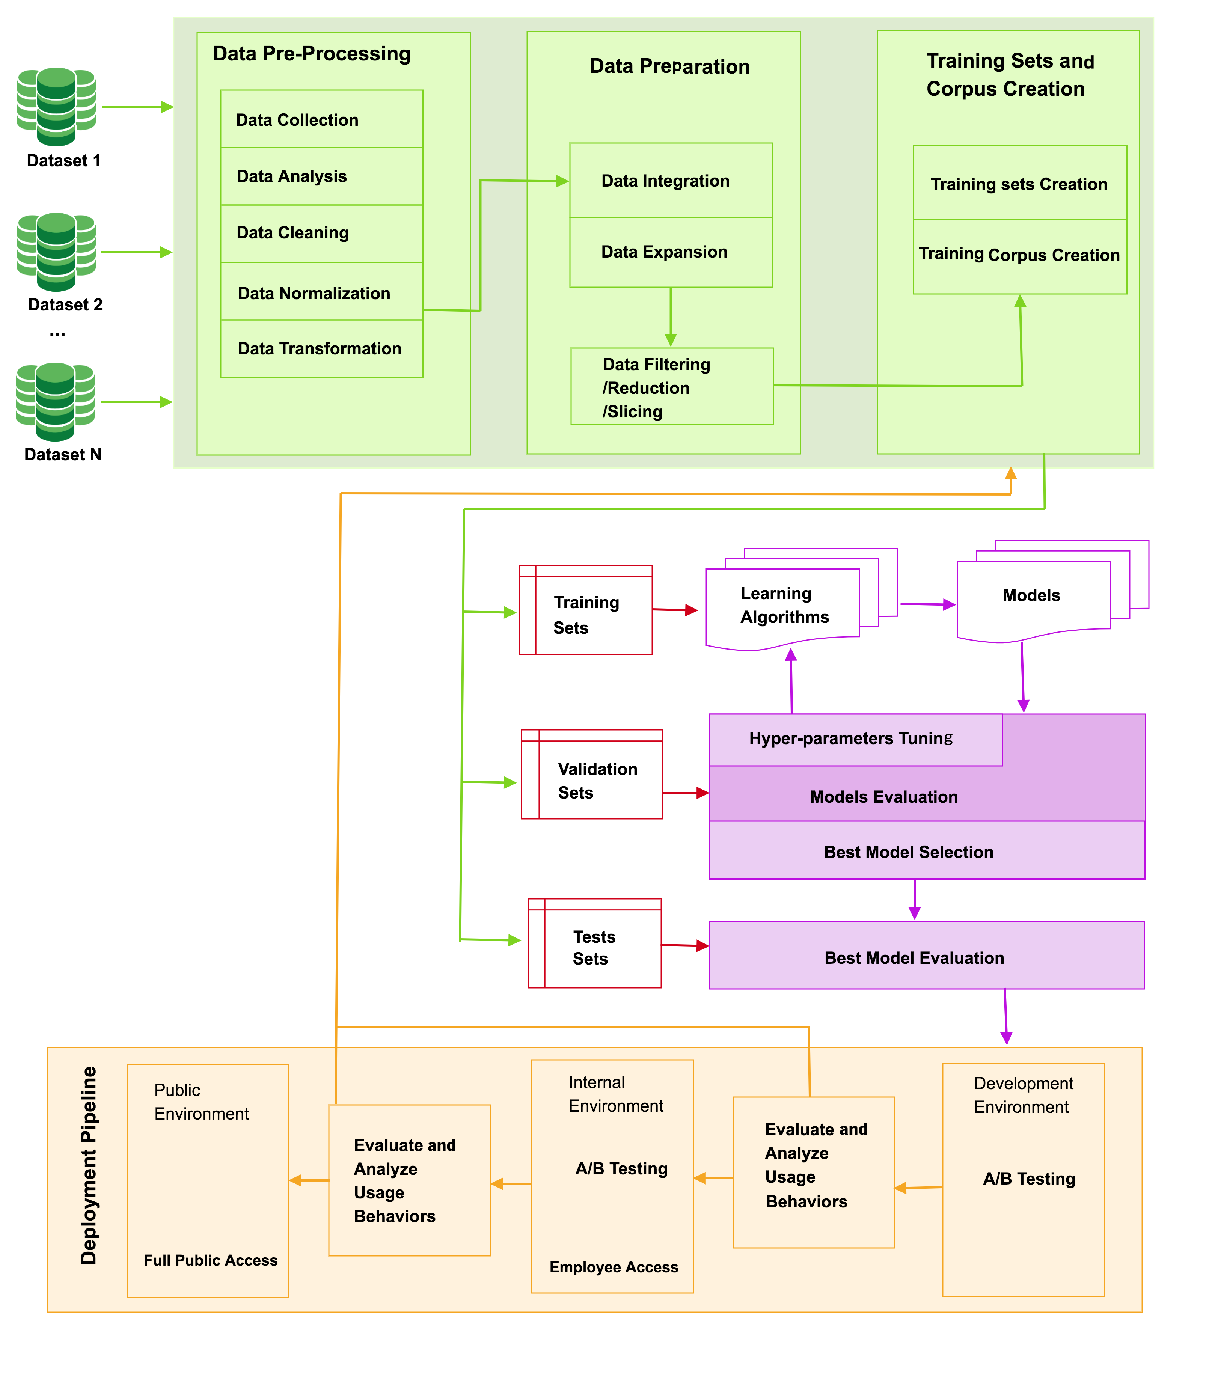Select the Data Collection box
[321, 119]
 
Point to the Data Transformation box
[321, 349]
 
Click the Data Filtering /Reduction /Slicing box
[671, 387]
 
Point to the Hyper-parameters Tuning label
[850, 738]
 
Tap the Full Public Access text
[210, 1260]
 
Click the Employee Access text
[614, 1267]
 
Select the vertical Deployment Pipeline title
[89, 1165]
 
